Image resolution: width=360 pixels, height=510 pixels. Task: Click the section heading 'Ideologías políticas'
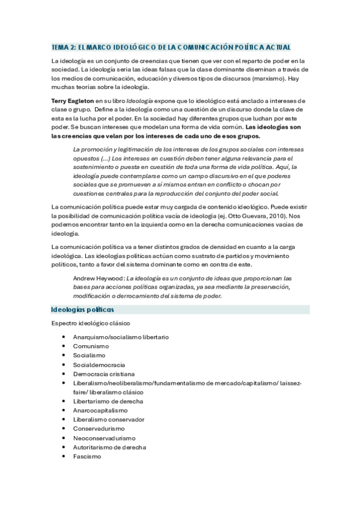[82, 310]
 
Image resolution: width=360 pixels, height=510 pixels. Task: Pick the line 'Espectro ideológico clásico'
[91, 324]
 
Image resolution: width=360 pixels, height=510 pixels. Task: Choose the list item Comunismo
[91, 346]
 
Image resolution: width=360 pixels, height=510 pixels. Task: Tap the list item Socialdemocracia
[99, 365]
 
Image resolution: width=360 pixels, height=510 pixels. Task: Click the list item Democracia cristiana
[103, 374]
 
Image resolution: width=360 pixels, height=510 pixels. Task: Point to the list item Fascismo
[87, 456]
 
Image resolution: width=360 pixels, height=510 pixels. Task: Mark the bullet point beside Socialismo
[64, 356]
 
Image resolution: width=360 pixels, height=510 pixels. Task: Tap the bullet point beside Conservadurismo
[64, 429]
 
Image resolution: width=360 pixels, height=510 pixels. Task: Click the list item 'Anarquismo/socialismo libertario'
[121, 337]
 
